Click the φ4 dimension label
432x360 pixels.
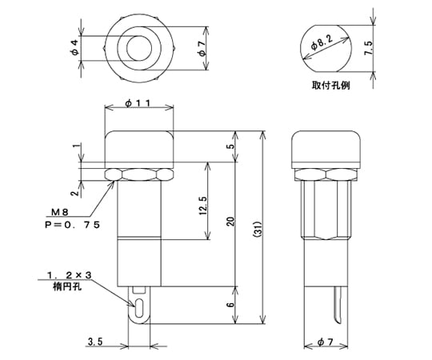coord(75,47)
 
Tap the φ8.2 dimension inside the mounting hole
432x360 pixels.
coord(322,42)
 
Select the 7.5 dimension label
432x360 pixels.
coord(369,48)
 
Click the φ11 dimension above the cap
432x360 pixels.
coord(138,103)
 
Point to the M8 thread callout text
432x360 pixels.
coord(59,212)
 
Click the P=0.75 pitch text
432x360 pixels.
coord(72,225)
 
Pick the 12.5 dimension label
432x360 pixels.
coord(203,206)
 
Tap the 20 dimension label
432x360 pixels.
coord(230,221)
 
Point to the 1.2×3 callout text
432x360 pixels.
coord(69,275)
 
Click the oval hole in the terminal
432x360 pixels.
coord(140,307)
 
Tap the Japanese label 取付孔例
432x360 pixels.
coord(330,85)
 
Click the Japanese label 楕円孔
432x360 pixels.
coord(67,287)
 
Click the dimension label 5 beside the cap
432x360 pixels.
coord(230,146)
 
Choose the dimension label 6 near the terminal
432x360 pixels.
coord(230,304)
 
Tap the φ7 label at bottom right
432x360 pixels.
coord(325,342)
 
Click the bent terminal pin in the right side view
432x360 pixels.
coord(338,305)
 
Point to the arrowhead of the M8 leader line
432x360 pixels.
coord(113,183)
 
